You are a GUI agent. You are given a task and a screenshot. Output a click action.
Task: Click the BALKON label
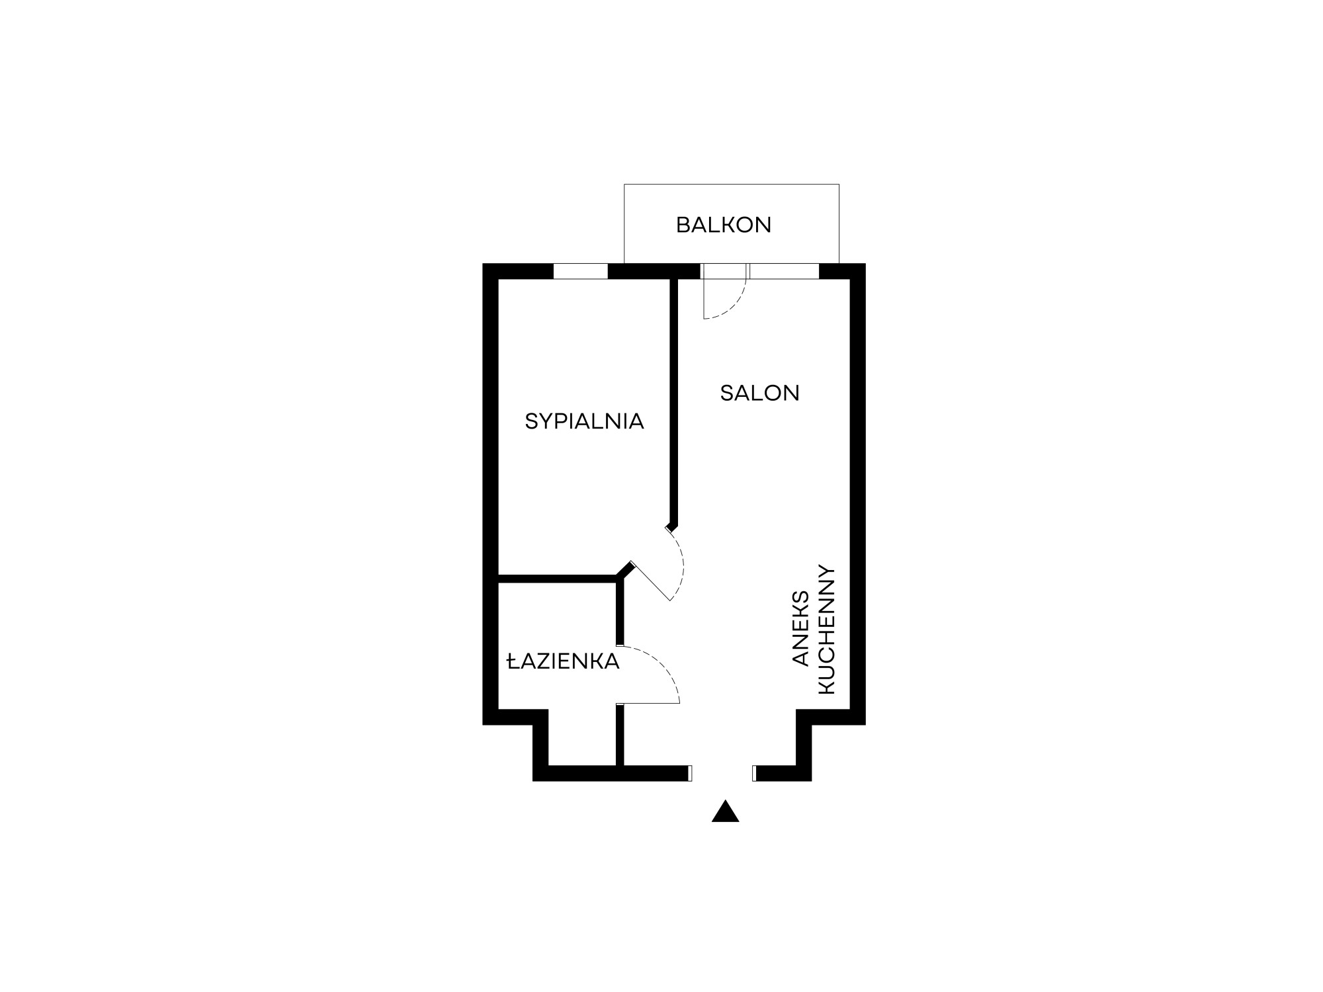pos(724,226)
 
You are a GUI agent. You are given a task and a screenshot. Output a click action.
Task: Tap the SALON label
pos(760,393)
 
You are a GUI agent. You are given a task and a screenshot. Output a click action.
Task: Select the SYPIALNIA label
pos(584,421)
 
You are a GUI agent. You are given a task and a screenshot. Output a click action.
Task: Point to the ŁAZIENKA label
pos(563,661)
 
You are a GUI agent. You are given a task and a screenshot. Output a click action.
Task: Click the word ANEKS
pos(801,628)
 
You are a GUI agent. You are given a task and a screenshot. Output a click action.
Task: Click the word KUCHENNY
pos(828,630)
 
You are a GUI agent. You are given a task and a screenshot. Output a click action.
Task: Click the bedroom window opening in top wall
pos(580,271)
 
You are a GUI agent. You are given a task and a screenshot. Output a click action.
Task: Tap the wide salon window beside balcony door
pos(785,271)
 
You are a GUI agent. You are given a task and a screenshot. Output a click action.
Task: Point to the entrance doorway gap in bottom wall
pos(722,773)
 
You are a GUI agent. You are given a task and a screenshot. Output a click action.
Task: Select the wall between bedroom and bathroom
pos(558,579)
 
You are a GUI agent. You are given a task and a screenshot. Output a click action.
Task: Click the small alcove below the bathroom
pos(583,737)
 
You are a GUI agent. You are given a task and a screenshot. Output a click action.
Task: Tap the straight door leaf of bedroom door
pos(652,581)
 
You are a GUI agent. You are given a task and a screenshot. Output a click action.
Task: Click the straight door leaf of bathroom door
pos(648,703)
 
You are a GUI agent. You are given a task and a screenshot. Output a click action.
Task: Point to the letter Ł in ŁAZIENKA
pos(513,661)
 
